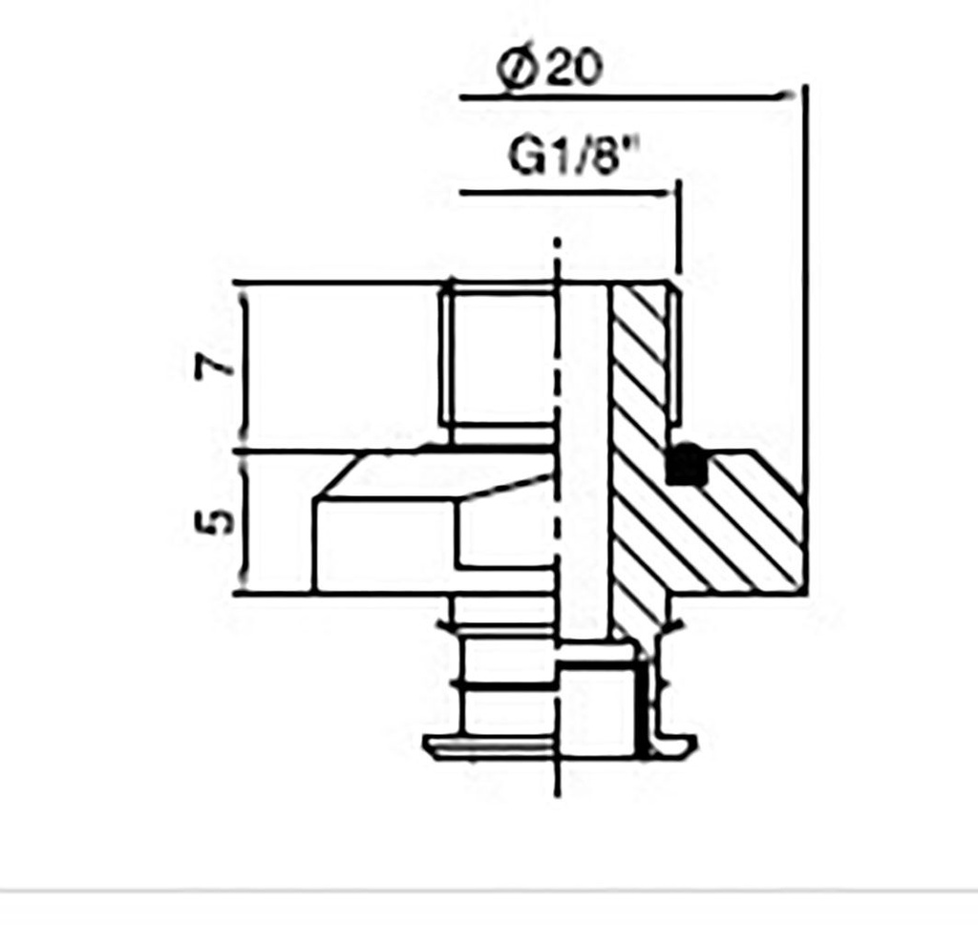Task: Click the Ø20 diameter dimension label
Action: pos(551,68)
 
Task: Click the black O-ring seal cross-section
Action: pos(687,466)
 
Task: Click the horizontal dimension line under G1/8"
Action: pos(563,193)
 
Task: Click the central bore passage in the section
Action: pos(583,458)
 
